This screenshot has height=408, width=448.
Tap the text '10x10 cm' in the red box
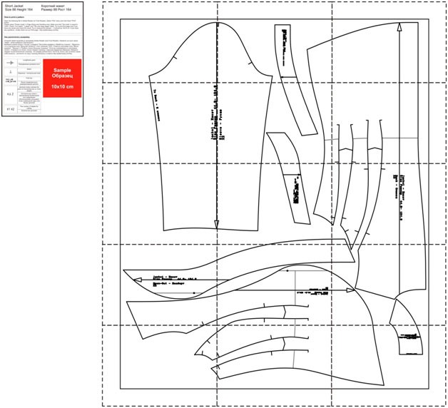pos(62,86)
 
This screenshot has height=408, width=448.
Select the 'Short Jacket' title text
pos(14,5)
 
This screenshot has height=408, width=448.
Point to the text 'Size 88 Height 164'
pos(19,9)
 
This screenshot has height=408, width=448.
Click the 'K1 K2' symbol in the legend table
pos(10,108)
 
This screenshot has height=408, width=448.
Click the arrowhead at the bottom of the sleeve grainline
pos(216,223)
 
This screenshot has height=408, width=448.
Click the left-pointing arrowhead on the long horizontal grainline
pos(128,272)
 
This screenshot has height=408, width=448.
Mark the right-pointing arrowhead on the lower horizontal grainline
pos(351,290)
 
